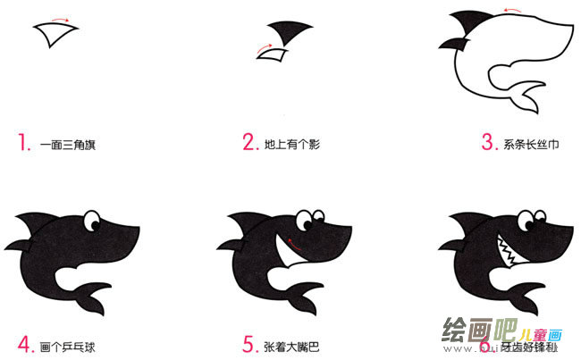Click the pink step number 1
tap(21, 142)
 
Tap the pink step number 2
tap(249, 142)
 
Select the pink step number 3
tap(488, 142)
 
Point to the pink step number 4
tap(22, 343)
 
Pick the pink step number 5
tap(249, 343)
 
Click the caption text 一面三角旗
tap(68, 143)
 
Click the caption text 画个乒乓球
tap(68, 344)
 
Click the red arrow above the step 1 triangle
tap(60, 18)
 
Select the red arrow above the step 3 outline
tap(512, 12)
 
